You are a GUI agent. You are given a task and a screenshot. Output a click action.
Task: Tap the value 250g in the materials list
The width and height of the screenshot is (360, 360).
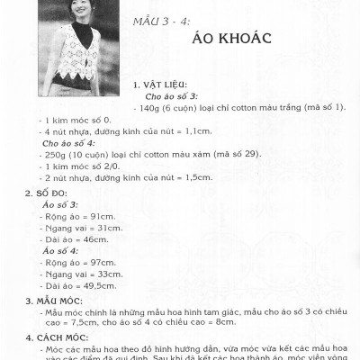pyautogui.click(x=57, y=154)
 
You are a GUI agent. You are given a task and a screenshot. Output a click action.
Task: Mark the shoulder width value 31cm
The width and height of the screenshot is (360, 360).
pyautogui.click(x=111, y=228)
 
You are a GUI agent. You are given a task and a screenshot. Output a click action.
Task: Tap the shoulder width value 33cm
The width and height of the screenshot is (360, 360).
pyautogui.click(x=111, y=273)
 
